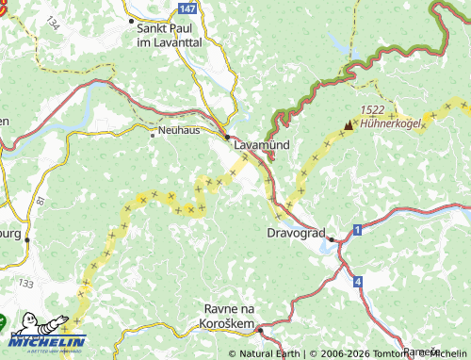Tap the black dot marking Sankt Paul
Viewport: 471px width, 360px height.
129,18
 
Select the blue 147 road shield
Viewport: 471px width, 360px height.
187,8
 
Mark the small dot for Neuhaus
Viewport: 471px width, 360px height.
152,134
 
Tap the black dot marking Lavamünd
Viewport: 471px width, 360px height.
227,136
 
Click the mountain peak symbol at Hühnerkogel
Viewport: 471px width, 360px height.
349,123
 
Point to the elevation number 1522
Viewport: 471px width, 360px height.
371,110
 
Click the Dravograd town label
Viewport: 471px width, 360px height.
297,232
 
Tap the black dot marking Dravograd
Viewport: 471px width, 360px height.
331,239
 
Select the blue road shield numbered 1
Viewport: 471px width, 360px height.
358,230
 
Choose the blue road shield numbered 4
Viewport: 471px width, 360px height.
358,282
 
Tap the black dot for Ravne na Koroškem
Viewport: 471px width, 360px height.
260,330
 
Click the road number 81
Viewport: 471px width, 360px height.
40,202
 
